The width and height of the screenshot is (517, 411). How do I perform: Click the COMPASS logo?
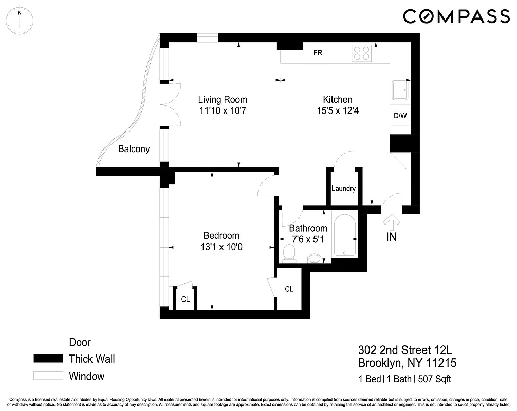click(456, 16)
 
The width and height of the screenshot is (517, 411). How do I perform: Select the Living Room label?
click(223, 99)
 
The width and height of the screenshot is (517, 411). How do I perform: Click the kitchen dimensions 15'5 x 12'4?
click(337, 110)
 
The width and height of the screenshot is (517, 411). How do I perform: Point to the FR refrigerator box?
click(318, 53)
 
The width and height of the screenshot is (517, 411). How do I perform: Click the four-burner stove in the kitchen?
click(362, 52)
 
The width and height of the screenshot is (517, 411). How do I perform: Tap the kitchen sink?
click(399, 91)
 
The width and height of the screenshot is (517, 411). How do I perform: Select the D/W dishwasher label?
click(400, 115)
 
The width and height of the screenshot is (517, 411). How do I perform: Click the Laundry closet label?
click(343, 189)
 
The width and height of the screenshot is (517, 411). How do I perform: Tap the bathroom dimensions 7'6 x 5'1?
click(308, 239)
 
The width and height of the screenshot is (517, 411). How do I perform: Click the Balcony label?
click(134, 149)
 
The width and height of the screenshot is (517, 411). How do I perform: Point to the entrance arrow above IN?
click(392, 221)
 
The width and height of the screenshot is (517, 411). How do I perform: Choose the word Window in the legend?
click(86, 376)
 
